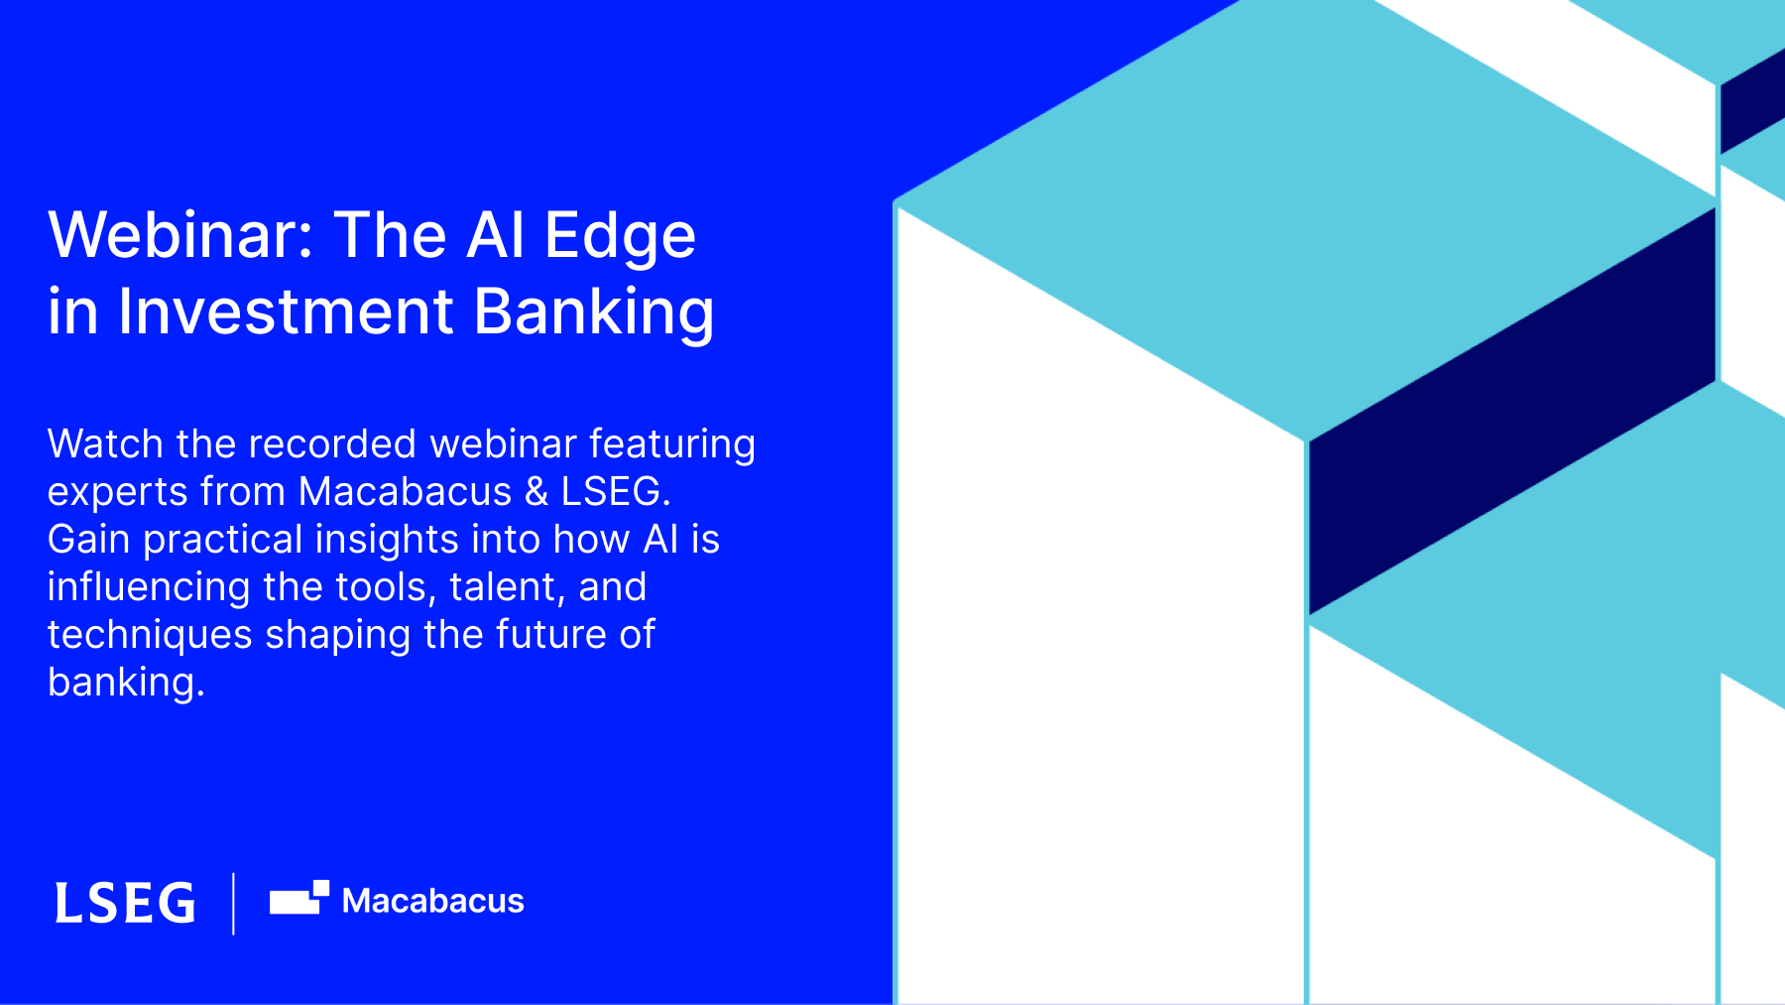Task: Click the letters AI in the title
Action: click(496, 235)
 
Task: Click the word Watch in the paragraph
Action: click(105, 444)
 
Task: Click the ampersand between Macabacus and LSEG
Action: click(536, 492)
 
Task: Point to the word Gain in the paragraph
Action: click(88, 540)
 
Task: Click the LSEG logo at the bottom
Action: click(125, 903)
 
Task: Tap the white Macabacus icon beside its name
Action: click(299, 897)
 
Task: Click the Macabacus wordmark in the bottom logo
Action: click(433, 901)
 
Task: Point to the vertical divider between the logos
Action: click(234, 903)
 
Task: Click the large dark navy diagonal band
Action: click(1512, 411)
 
